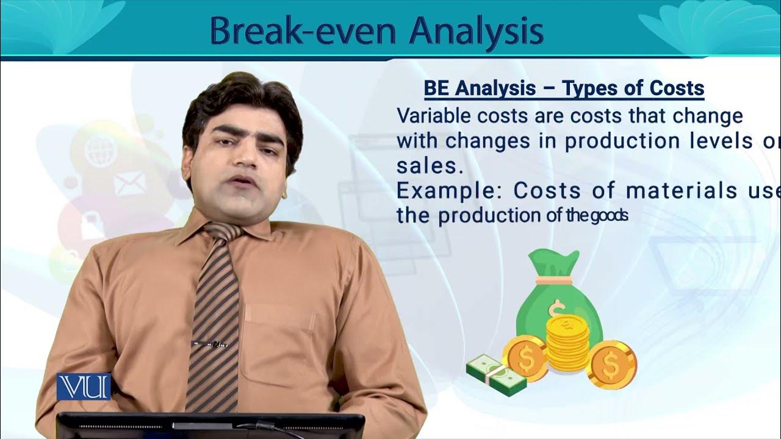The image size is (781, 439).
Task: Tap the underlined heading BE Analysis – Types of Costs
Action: [x=564, y=89]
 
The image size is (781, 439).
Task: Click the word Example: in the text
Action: [x=448, y=191]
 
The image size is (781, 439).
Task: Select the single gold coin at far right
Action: [x=611, y=365]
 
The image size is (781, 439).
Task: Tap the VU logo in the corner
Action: [x=84, y=387]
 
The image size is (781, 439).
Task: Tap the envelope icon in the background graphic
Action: [x=129, y=183]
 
